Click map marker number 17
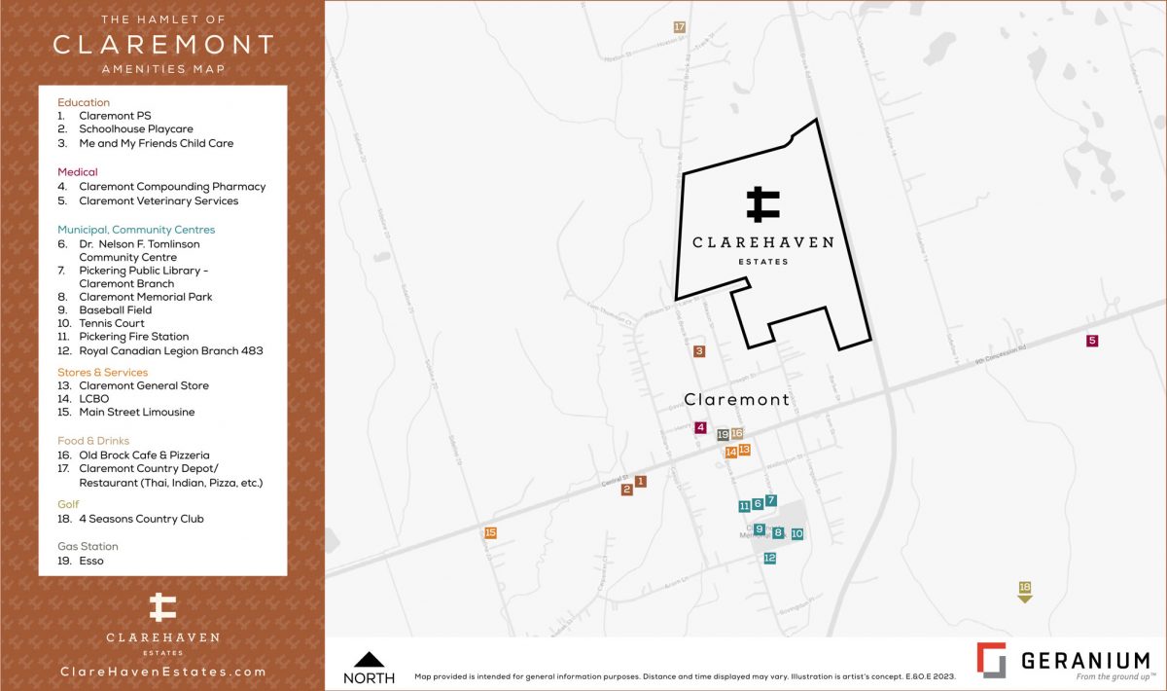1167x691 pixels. [x=679, y=27]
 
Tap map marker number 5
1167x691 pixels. [x=1092, y=341]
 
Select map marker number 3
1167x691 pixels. [x=698, y=351]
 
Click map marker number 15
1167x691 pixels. [x=490, y=532]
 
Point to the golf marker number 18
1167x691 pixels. [x=1024, y=588]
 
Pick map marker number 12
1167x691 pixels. [x=769, y=559]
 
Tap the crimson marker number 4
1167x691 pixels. [x=700, y=427]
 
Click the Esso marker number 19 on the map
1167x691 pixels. [x=723, y=435]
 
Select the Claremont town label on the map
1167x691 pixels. [x=736, y=400]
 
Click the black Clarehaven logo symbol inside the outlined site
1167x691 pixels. [x=763, y=203]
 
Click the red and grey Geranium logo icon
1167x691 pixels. [x=992, y=660]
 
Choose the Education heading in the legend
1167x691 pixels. [x=84, y=102]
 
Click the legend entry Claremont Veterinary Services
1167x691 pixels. [x=159, y=200]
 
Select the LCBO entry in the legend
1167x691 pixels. [x=94, y=399]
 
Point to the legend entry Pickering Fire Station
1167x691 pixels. [x=133, y=337]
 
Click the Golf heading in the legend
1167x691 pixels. [x=68, y=504]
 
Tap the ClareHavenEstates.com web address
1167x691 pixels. [x=162, y=672]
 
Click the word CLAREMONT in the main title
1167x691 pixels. [x=162, y=45]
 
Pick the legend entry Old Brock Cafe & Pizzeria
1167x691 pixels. [x=144, y=455]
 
